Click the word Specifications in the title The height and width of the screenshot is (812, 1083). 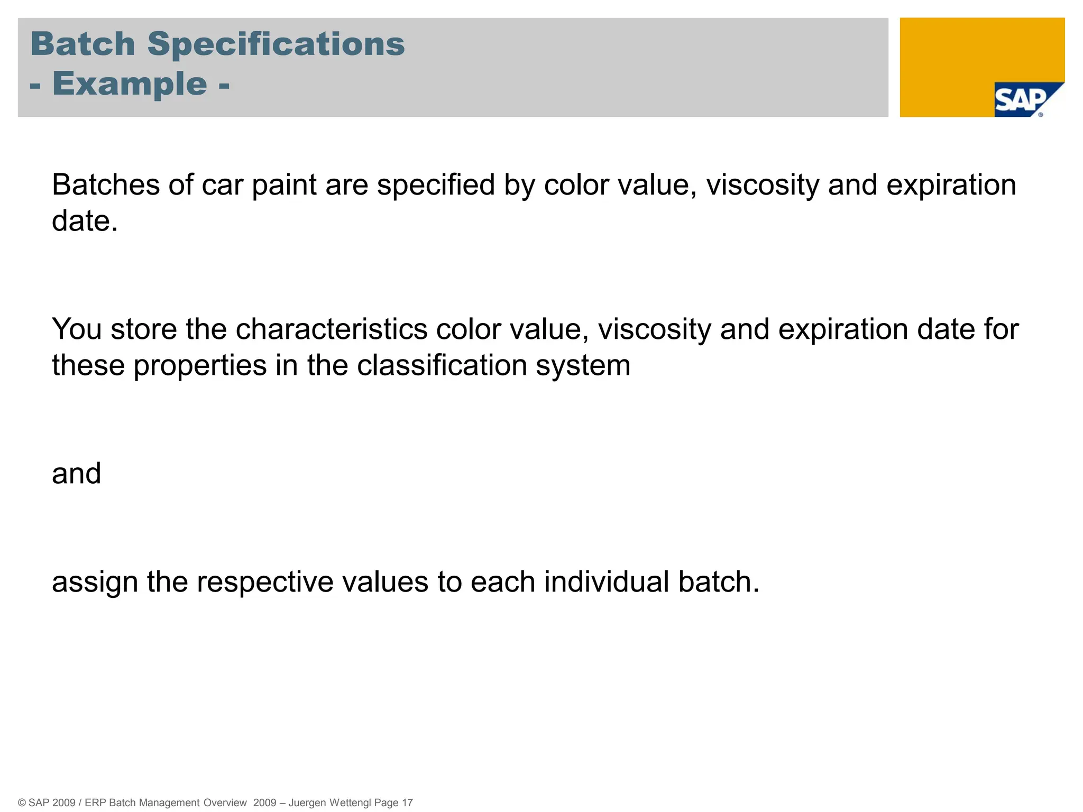[x=276, y=44]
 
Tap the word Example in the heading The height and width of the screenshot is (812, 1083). [x=130, y=84]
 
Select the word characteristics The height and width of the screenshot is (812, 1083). [x=331, y=329]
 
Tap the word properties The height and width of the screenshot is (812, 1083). [x=200, y=366]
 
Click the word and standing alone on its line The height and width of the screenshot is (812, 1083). [x=76, y=473]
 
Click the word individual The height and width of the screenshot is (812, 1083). [x=607, y=582]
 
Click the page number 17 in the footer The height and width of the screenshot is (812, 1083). [x=407, y=802]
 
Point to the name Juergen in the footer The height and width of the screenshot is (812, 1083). [x=307, y=803]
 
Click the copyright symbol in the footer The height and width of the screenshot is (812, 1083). [x=22, y=802]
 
